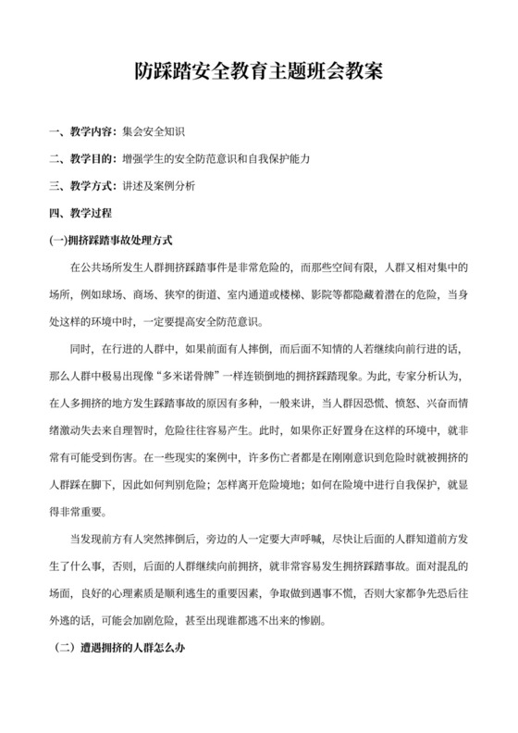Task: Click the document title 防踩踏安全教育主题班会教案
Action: click(258, 71)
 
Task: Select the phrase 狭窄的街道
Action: click(193, 295)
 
